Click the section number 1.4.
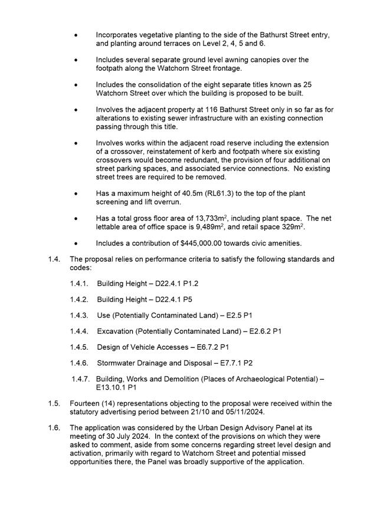tap(55, 259)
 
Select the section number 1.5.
tap(55, 403)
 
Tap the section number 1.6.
tap(55, 428)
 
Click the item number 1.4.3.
tap(79, 316)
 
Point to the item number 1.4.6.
tap(79, 363)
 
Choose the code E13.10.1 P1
tap(117, 387)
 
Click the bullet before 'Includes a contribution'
tap(76, 243)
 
